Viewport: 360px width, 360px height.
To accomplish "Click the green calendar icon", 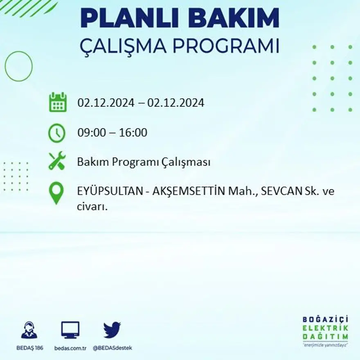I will coord(58,102).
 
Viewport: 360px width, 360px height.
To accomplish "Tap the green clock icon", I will coord(57,133).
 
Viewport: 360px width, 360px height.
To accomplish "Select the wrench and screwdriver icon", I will coord(57,161).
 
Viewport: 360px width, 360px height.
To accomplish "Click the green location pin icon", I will coord(56,193).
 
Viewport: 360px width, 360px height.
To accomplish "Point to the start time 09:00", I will coord(90,133).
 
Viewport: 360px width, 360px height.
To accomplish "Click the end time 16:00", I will coord(133,133).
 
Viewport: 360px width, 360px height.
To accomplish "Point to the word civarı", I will coord(92,207).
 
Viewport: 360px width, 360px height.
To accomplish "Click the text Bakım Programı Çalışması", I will coord(144,162).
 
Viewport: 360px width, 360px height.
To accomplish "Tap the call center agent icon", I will coord(29,331).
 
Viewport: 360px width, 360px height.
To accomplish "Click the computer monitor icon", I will coord(70,330).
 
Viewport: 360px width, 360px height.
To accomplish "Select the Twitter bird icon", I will coord(112,330).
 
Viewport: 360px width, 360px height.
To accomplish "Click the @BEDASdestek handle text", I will coord(112,348).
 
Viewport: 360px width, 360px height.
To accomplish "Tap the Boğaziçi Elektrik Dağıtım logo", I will coord(326,331).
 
